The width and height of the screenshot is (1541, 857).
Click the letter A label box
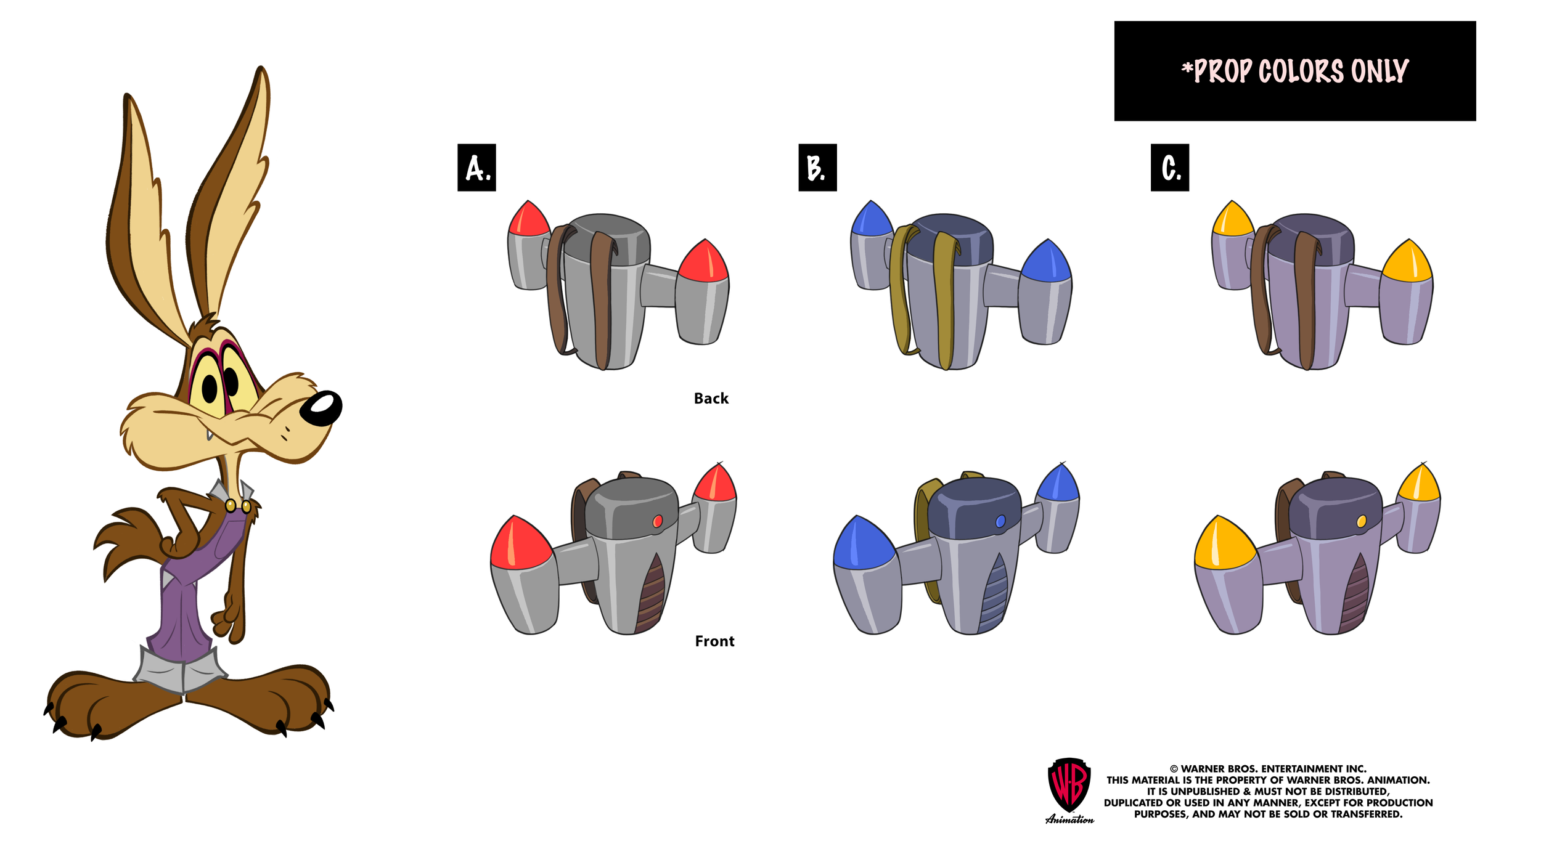point(476,168)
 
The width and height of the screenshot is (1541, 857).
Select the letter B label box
point(817,168)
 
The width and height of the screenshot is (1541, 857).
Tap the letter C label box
point(1169,168)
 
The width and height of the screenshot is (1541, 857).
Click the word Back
point(711,399)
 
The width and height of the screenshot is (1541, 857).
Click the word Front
point(714,641)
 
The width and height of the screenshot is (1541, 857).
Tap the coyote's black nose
point(321,408)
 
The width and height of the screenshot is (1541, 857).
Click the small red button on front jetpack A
point(657,521)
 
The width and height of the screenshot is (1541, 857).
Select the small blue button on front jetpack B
point(1000,521)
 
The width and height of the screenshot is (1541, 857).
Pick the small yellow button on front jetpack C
point(1361,521)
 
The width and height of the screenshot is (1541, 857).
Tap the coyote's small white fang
point(210,435)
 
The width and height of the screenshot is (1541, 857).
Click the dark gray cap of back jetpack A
point(607,237)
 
